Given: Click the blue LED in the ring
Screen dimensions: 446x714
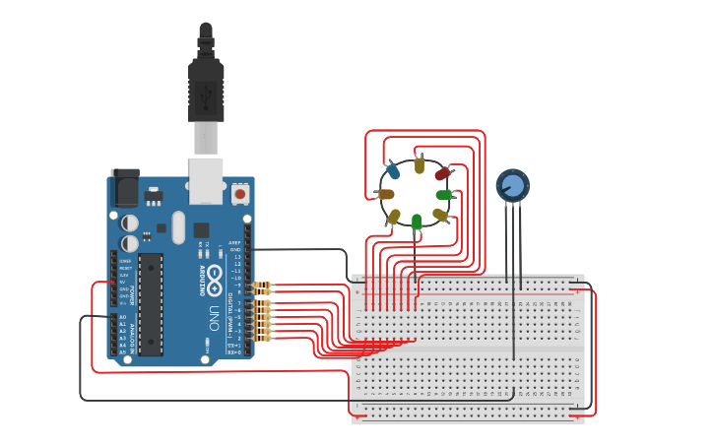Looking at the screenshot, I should tap(393, 171).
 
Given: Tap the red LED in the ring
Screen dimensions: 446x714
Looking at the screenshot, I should tap(443, 174).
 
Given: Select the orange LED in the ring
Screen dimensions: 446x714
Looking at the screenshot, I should tap(386, 194).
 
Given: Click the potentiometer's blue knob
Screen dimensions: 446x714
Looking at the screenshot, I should tap(512, 185).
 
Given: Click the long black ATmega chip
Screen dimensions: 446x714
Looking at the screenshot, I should tap(150, 304).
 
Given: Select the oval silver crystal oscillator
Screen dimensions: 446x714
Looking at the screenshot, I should tap(178, 227).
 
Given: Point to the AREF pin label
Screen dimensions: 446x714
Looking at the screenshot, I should tap(234, 242).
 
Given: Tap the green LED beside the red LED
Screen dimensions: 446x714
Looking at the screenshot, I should tap(444, 195).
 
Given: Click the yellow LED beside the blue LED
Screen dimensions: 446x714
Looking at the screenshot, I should tap(420, 165).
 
